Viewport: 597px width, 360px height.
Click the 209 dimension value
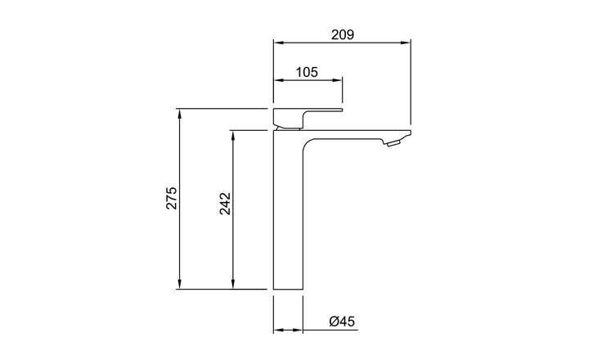pos(343,34)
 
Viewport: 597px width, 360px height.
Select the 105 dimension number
pos(307,72)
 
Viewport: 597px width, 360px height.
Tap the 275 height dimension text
pos(172,198)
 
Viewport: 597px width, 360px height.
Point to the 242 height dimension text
pos(225,204)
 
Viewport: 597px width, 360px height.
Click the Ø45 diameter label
pos(342,322)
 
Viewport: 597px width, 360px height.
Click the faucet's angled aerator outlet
pos(393,143)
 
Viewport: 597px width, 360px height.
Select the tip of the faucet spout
pos(411,133)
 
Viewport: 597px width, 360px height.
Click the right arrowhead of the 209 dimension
pos(406,43)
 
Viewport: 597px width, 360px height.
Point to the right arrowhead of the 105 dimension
pos(337,80)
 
